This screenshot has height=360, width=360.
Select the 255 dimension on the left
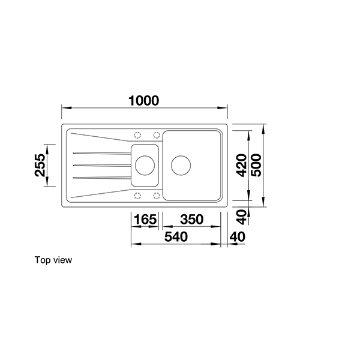(x=40, y=165)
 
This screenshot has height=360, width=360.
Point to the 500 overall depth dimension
(x=256, y=163)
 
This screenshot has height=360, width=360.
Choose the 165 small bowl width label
(x=144, y=220)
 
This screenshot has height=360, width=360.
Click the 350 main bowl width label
(x=191, y=220)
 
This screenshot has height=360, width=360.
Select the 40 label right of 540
(x=238, y=237)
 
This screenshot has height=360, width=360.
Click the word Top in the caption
(x=43, y=260)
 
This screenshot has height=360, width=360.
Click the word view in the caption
(x=62, y=260)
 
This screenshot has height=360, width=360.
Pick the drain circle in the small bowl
(x=144, y=163)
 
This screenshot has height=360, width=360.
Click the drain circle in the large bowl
(x=181, y=163)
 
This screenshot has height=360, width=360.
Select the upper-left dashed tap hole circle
(x=137, y=134)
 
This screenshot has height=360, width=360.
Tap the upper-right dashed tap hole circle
(x=157, y=134)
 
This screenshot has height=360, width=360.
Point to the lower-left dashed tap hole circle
(x=137, y=195)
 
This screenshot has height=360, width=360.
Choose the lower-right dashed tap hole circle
(x=157, y=195)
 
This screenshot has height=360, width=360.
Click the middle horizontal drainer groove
(x=101, y=164)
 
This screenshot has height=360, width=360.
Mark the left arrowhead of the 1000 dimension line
(x=64, y=109)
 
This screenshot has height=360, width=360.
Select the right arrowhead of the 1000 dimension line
(x=226, y=109)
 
